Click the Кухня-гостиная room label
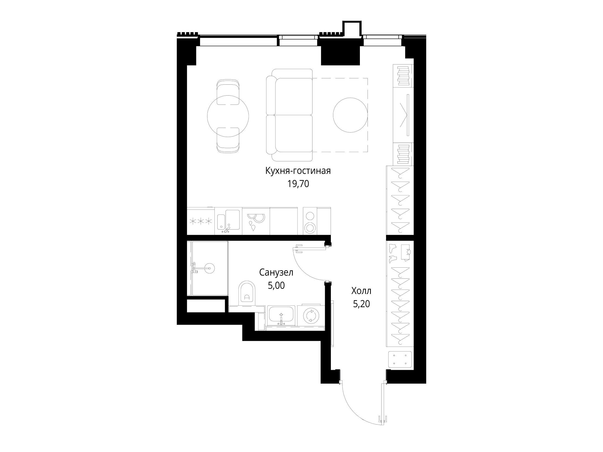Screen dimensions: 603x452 [298, 171]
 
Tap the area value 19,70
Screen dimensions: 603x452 [298, 184]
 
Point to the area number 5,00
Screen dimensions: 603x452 [276, 286]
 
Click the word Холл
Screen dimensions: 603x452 [361, 291]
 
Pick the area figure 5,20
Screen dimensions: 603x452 [362, 304]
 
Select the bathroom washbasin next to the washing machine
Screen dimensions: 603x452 [281, 316]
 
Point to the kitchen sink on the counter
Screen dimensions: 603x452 [228, 221]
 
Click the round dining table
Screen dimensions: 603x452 [228, 116]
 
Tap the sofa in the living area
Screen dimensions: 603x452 [289, 115]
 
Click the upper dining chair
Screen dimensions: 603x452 [228, 92]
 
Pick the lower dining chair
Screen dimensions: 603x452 [228, 140]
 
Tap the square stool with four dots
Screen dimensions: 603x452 [400, 359]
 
